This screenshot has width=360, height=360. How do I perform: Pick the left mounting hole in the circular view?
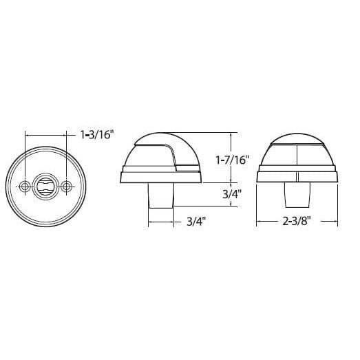click(25, 186)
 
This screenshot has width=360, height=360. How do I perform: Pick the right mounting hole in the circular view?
click(66, 186)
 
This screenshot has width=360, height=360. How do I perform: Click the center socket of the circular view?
click(46, 186)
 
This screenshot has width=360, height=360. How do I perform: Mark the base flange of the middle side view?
click(161, 176)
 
